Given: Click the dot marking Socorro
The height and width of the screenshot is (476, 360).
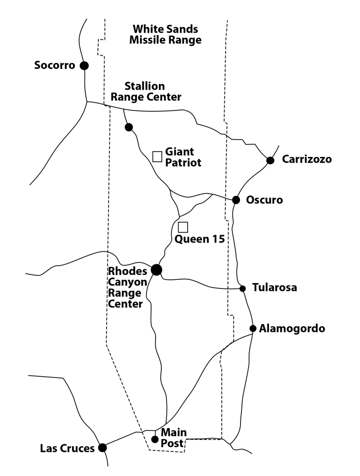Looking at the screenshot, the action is (84, 66).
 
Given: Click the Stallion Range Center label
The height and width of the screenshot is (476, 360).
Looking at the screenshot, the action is (146, 92).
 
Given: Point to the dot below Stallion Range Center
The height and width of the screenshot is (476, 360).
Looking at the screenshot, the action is (129, 127).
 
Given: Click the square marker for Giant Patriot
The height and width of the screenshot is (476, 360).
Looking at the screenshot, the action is (157, 156).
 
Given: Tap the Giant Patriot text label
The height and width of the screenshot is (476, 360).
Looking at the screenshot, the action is (183, 157).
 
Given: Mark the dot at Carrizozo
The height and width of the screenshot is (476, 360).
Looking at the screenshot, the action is (270, 160).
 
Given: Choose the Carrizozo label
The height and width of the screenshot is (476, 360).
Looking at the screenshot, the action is (306, 159).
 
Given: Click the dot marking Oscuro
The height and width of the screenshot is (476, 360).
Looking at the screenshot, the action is (236, 200).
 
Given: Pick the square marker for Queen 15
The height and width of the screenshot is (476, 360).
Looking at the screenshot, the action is (183, 227).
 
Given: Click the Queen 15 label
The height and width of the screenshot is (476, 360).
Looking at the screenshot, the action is (200, 239).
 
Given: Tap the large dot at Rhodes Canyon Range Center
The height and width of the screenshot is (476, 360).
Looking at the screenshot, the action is (156, 270).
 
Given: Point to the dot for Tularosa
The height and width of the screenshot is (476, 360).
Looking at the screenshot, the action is (242, 288).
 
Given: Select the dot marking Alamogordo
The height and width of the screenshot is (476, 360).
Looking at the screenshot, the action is (252, 328).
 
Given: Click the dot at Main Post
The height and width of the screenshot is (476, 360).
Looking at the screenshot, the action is (155, 439).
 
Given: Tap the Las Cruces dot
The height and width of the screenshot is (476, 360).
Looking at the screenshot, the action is (102, 448).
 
